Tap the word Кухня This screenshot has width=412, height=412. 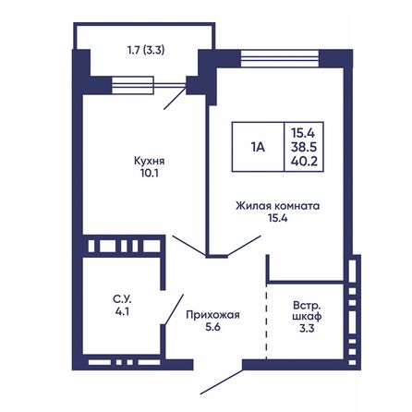coord(135,159)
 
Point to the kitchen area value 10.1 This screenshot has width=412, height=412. coord(135,172)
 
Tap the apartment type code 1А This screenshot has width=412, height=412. coord(259,145)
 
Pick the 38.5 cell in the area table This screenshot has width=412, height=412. coord(302,146)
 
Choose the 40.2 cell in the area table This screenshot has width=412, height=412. coord(302,161)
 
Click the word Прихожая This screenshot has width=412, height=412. coord(213,315)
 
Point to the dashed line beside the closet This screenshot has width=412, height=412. coord(267,323)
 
